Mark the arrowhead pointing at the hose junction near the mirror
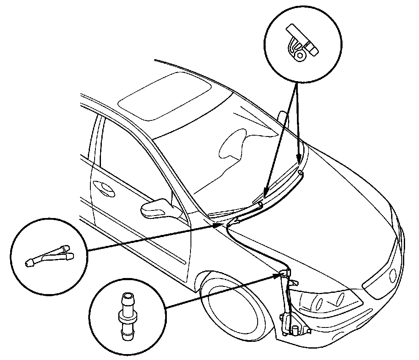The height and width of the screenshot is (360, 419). [219, 226]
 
